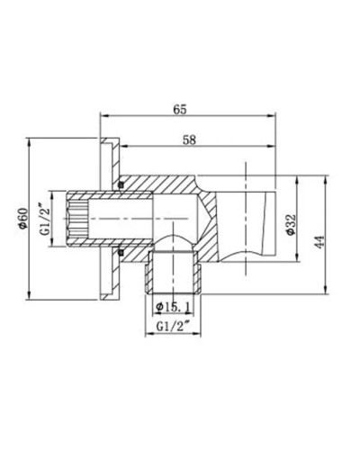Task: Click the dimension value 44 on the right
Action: pyautogui.click(x=319, y=241)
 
